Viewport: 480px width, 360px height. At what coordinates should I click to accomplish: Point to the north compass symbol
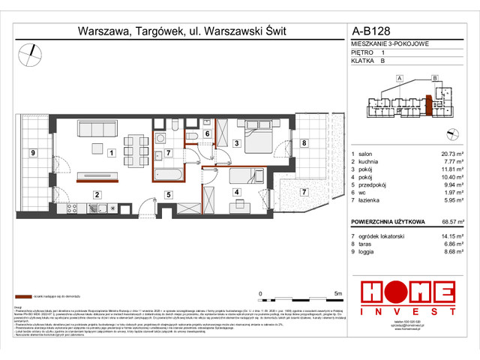click(x=31, y=52)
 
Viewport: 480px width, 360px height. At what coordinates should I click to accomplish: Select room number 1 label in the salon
click(x=110, y=154)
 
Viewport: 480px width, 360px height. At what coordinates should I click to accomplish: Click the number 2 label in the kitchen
click(x=96, y=195)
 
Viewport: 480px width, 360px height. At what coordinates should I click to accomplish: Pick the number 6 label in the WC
click(x=207, y=134)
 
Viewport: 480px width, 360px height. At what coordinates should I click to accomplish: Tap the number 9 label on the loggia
click(x=32, y=154)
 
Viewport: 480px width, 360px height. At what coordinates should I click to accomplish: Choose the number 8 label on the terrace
click(x=303, y=142)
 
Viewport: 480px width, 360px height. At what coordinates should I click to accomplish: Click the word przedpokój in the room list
click(x=377, y=182)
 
